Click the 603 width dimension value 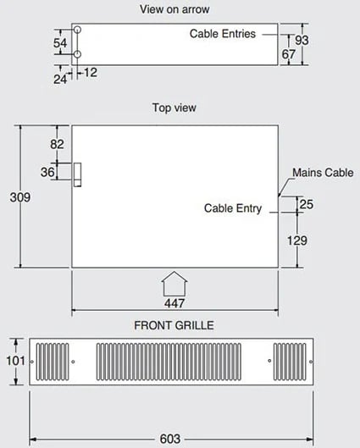pos(170,439)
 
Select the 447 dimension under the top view pos(174,303)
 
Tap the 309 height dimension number pos(20,197)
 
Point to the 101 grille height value pos(16,361)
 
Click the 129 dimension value pos(297,241)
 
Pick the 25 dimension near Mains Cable pos(307,204)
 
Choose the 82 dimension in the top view pos(57,144)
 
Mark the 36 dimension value pos(47,172)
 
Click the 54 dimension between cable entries pos(60,43)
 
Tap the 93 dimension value pos(302,41)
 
